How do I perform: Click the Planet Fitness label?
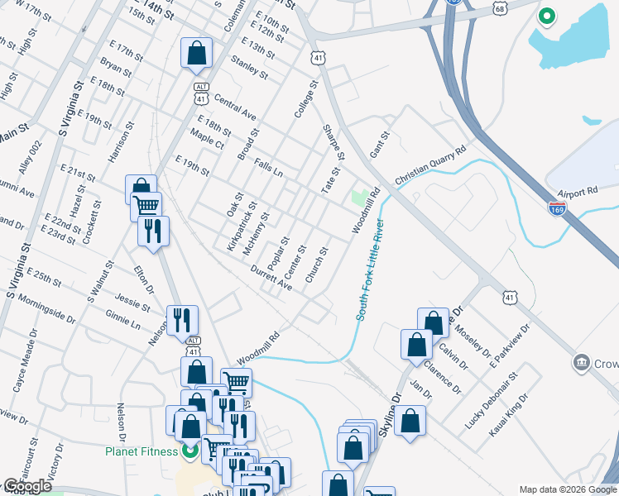tap(141, 451)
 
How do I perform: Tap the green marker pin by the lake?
tap(546, 16)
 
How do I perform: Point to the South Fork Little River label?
tap(370, 269)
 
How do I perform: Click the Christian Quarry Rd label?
tap(430, 166)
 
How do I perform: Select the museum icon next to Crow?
tap(582, 362)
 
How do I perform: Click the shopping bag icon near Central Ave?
tap(197, 55)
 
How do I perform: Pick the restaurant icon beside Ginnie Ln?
tap(182, 319)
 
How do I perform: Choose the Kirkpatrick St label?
tap(242, 226)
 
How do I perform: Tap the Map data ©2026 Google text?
tap(568, 489)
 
